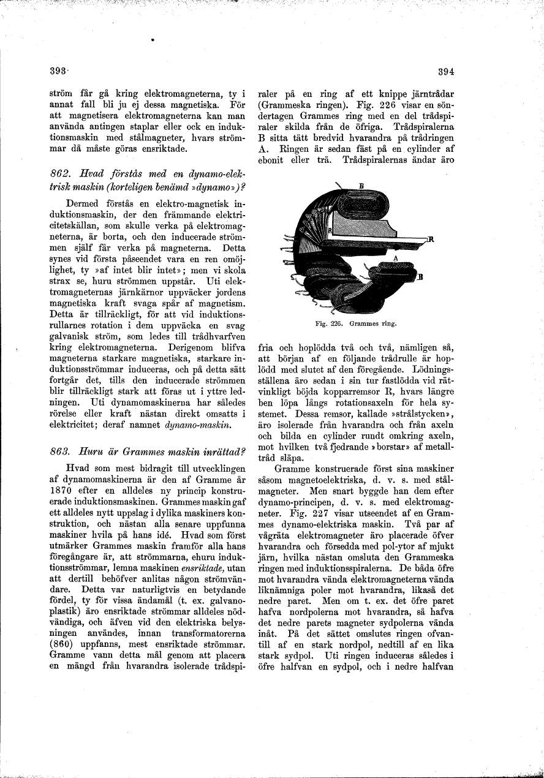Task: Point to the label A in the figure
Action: pyautogui.click(x=395, y=259)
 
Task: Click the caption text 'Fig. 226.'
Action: pyautogui.click(x=328, y=320)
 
